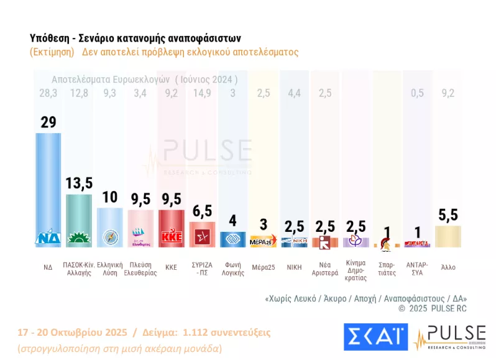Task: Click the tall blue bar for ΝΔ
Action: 48,187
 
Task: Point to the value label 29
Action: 48,122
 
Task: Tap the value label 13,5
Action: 80,183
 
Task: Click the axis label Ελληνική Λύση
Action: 110,269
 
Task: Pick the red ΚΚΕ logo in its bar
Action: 172,237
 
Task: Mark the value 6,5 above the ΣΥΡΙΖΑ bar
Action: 203,211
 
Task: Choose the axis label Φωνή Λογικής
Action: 233,269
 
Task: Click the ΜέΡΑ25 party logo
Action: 263,241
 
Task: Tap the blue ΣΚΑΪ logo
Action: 375,336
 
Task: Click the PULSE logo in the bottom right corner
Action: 450,336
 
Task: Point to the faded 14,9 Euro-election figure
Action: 202,93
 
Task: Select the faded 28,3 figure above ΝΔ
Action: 48,93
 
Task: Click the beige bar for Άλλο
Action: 448,236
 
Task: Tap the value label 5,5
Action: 448,215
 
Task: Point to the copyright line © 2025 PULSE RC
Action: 432,308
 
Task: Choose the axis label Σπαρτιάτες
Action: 387,269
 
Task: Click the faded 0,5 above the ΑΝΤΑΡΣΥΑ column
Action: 417,93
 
